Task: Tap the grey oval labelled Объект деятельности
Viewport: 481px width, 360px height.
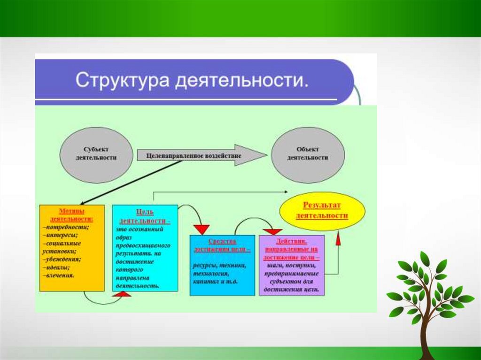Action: click(x=308, y=154)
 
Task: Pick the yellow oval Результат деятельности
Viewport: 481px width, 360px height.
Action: click(x=322, y=211)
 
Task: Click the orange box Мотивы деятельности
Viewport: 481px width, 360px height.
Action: click(x=72, y=247)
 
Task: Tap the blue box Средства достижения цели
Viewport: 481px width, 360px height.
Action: click(x=222, y=265)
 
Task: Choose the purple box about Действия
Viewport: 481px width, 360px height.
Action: click(x=291, y=265)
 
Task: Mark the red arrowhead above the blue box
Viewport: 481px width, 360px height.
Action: click(x=202, y=229)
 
